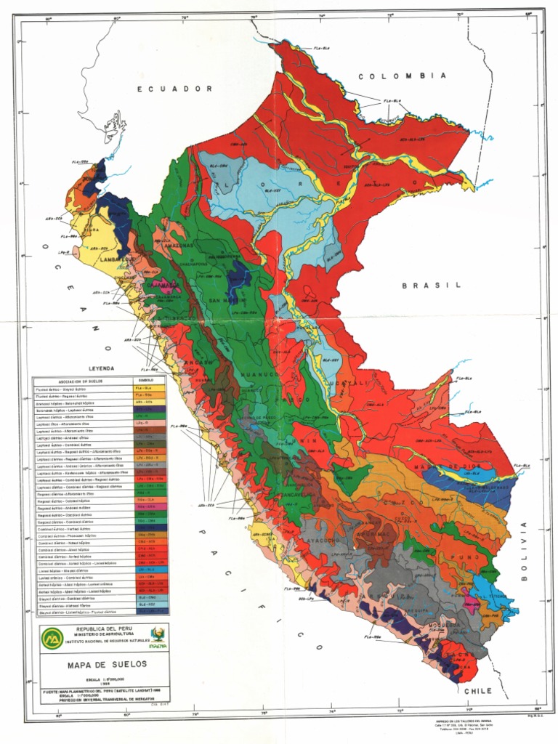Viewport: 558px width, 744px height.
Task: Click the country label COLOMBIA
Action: click(x=401, y=76)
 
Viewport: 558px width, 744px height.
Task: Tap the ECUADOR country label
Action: click(x=175, y=89)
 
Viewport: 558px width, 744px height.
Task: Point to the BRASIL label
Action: click(x=432, y=286)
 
